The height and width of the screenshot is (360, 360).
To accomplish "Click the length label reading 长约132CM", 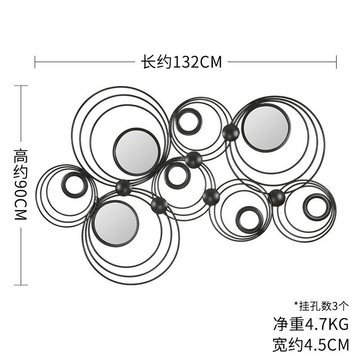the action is click(181, 62).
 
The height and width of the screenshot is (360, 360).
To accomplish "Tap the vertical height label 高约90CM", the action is click(21, 184).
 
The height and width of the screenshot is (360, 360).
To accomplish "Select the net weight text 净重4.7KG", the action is click(311, 324).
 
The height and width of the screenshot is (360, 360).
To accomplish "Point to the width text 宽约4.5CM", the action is click(311, 345).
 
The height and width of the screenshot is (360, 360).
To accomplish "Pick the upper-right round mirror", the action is click(266, 128).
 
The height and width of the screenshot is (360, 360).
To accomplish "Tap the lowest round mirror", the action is click(116, 224).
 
